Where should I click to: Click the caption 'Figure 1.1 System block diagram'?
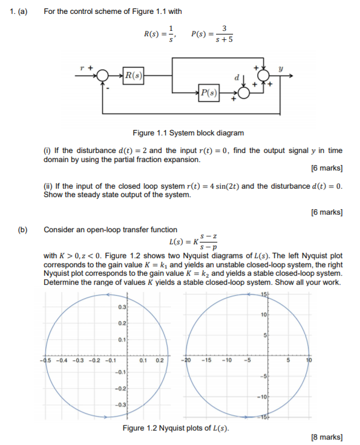point(189,133)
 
